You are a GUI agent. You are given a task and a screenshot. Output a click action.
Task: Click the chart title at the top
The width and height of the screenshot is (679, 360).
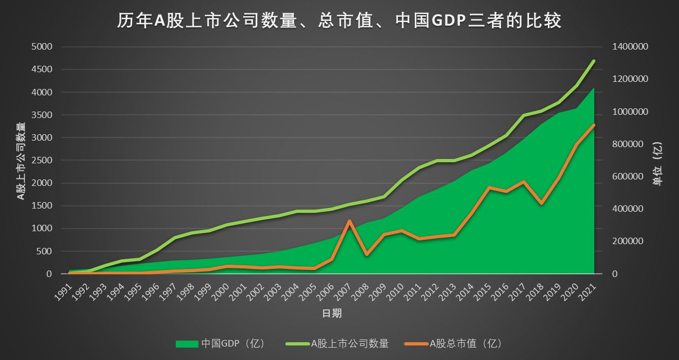click(339, 20)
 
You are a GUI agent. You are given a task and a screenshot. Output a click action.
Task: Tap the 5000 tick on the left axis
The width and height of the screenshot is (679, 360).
click(42, 47)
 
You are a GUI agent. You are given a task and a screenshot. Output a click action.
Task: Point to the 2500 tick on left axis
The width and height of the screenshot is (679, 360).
click(42, 161)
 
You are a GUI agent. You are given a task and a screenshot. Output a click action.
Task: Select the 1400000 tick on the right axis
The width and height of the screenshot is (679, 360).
click(630, 47)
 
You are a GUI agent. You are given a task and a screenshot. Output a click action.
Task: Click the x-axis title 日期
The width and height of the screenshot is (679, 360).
click(331, 313)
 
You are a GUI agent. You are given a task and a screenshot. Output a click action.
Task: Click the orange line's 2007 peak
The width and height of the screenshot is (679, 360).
click(349, 221)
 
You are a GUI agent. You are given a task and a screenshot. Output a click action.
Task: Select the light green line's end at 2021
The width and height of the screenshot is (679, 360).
click(594, 61)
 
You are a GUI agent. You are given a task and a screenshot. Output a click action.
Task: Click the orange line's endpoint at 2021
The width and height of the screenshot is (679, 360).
click(594, 125)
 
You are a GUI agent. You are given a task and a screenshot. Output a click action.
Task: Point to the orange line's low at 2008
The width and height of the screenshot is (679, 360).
click(367, 254)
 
